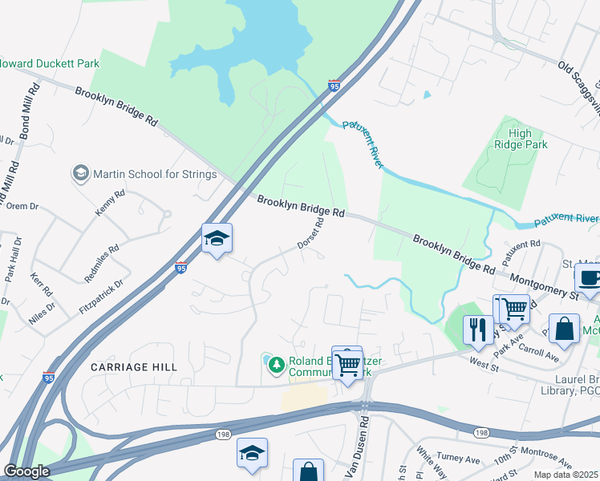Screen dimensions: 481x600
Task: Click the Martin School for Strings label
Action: (154, 174)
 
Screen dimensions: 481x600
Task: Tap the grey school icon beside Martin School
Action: (80, 173)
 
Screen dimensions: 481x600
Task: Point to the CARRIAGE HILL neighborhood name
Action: (133, 366)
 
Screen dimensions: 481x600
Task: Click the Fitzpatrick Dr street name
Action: (103, 293)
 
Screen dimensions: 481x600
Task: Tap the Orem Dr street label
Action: (22, 206)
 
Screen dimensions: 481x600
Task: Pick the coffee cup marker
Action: (590, 279)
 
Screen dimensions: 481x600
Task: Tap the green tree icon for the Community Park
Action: (276, 366)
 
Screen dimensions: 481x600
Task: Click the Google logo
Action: (26, 471)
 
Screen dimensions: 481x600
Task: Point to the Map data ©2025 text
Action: (566, 475)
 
